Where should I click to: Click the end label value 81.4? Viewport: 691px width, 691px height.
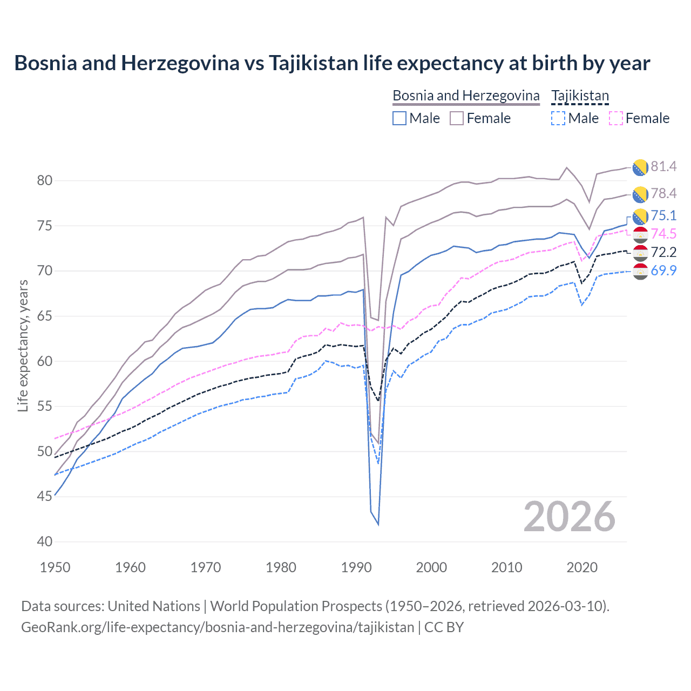663,166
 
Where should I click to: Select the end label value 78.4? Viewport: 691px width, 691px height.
663,193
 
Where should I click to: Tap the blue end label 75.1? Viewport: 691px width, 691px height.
663,215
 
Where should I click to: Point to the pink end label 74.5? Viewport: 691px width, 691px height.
663,234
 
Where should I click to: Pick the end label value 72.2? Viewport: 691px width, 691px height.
663,252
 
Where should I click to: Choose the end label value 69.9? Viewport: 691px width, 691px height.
663,270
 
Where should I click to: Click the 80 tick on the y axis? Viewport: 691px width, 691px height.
45,180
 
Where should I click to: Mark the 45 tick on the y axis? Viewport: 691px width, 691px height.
45,496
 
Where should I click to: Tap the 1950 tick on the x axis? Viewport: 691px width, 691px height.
56,567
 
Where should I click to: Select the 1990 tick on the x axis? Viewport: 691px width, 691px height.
356,567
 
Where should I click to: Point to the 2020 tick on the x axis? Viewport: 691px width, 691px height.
582,567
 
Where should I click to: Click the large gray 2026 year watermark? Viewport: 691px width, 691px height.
570,517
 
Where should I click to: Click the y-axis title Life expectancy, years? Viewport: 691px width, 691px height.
23,345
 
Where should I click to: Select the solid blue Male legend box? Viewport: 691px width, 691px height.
399,118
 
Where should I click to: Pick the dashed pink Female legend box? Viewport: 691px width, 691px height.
616,118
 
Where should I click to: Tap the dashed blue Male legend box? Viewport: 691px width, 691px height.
558,118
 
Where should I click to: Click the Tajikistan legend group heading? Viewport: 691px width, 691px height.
580,96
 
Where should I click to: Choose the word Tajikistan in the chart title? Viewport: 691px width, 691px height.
313,63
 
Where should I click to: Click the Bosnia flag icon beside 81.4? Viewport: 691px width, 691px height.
640,167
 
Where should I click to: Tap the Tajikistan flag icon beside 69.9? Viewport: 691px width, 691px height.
640,272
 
